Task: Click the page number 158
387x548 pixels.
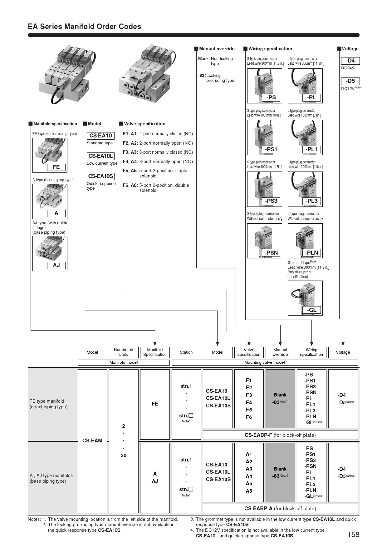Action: [353, 535]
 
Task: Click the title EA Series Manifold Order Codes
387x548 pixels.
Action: [85, 27]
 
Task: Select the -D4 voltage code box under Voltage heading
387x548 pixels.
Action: [350, 61]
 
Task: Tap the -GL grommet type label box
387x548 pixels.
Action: [311, 310]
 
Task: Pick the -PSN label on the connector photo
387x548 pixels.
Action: [271, 253]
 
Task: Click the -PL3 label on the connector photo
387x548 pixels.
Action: [311, 201]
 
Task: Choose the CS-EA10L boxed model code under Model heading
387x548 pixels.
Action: [100, 156]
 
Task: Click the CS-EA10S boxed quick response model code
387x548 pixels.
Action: [100, 176]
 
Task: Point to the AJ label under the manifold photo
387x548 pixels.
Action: [56, 265]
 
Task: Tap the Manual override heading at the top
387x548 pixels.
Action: [217, 49]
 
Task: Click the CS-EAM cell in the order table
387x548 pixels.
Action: [92, 441]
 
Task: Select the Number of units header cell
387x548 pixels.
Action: [124, 352]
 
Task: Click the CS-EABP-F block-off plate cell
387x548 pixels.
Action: [280, 435]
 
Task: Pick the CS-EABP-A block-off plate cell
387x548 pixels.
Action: [280, 508]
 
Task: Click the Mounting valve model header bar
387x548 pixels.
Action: [264, 362]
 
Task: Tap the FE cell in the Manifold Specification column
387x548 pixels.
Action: [155, 404]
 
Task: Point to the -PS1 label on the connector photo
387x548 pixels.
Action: [271, 149]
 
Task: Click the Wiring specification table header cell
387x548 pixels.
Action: [311, 352]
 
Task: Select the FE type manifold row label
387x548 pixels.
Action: [48, 404]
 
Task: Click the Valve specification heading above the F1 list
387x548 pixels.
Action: [145, 124]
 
